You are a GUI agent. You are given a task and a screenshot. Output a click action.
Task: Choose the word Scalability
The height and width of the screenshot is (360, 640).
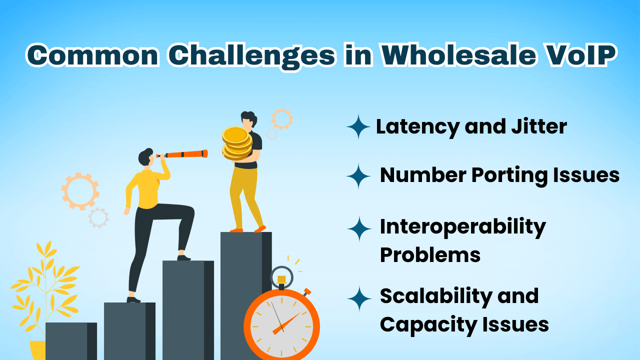point(430,295)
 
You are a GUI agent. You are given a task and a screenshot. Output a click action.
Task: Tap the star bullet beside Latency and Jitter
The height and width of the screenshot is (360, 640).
point(358,127)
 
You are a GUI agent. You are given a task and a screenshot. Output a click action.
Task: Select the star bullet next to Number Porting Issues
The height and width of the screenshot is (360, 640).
point(358,176)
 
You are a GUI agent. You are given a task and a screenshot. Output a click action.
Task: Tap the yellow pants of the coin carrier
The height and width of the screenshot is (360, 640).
point(245,197)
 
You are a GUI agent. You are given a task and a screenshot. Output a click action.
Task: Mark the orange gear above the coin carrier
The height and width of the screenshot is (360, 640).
point(281,119)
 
